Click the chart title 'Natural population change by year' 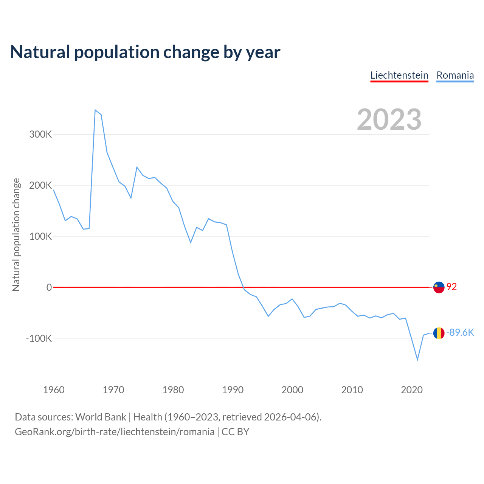tap(145, 52)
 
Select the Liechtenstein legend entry tap(399, 75)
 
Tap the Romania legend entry tap(455, 75)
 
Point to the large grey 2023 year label tap(389, 119)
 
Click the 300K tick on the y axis tap(40, 134)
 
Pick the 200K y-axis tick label tap(40, 185)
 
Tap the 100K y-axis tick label tap(40, 236)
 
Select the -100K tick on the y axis tap(39, 338)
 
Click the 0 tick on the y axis tap(49, 287)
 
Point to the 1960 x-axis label tap(54, 390)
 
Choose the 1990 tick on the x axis tap(233, 390)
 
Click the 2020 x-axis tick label tap(411, 390)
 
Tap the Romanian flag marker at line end tap(439, 333)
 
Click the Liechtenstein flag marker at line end tap(439, 287)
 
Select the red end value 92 tap(451, 287)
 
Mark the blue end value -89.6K tap(460, 332)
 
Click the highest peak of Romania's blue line tap(95, 110)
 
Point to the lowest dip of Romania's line tap(417, 360)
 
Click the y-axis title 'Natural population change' tap(16, 235)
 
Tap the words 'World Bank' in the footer tap(101, 417)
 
